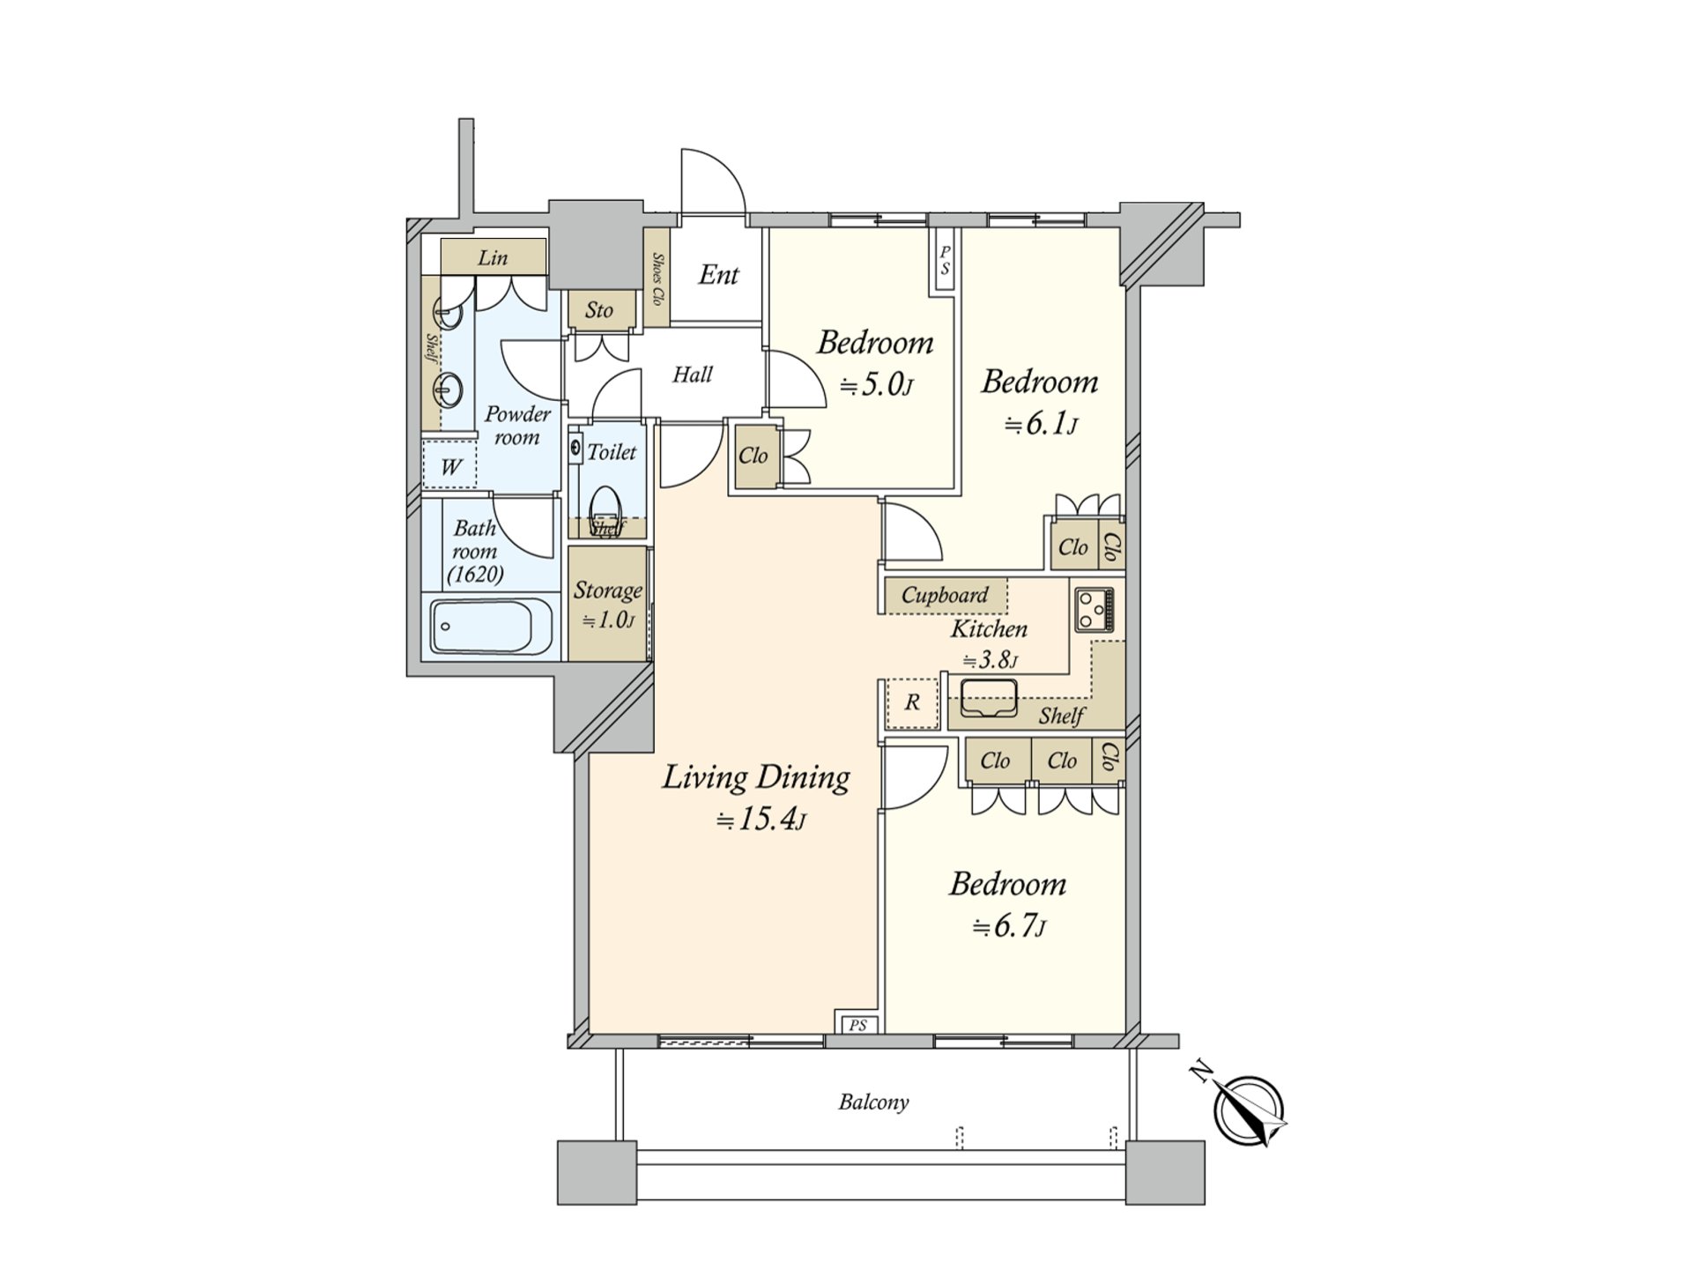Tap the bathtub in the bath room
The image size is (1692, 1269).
(x=492, y=626)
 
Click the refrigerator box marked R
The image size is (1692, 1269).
(x=912, y=703)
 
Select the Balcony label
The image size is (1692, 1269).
(x=873, y=1102)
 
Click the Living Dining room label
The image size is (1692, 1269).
(x=756, y=778)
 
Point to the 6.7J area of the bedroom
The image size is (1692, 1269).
(x=1008, y=927)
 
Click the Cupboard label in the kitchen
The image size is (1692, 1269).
(x=945, y=595)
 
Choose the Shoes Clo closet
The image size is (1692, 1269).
(x=657, y=279)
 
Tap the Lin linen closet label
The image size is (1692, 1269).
(x=493, y=257)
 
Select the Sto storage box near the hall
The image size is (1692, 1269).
(x=599, y=310)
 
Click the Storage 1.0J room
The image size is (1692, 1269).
(x=607, y=604)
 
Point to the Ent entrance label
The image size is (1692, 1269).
(x=718, y=275)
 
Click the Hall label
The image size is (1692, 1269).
(x=693, y=375)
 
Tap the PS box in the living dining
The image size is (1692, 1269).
(x=857, y=1025)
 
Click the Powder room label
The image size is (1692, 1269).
(x=517, y=426)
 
